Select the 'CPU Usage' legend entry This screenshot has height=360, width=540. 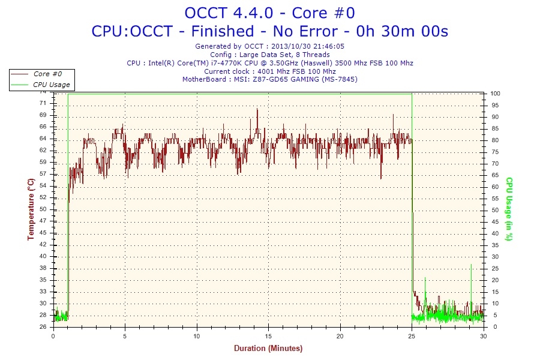coord(51,85)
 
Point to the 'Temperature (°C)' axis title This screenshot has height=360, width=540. coord(31,209)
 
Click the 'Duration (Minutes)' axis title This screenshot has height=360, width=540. coord(268,348)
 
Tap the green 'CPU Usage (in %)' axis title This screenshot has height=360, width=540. coord(508,209)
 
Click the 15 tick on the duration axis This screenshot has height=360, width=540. coord(269,336)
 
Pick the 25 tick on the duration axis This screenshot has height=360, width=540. coord(412,336)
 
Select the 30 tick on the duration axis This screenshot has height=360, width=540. coord(484,336)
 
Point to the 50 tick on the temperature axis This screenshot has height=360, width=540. coord(43,209)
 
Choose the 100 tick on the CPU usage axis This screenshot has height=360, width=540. coord(496,94)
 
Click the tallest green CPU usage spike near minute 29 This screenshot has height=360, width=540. coord(471,265)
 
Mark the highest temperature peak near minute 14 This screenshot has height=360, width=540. coord(257,109)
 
